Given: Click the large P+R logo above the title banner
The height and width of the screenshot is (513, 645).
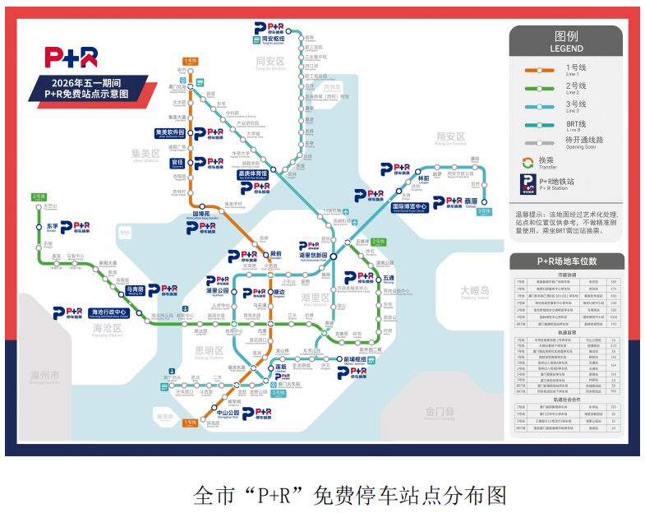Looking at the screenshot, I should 72,57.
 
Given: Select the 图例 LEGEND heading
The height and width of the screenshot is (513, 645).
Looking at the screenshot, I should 566,42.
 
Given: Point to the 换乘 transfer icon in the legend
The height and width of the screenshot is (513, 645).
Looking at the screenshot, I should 528,161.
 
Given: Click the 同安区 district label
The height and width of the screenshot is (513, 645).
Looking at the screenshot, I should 270,62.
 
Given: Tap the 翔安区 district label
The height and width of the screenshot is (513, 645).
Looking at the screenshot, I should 450,136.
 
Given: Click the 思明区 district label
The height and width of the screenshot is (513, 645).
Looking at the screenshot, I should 209,351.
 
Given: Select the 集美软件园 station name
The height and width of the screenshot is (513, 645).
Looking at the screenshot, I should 172,132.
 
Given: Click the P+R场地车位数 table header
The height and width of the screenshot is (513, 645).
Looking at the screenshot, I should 566,261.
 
